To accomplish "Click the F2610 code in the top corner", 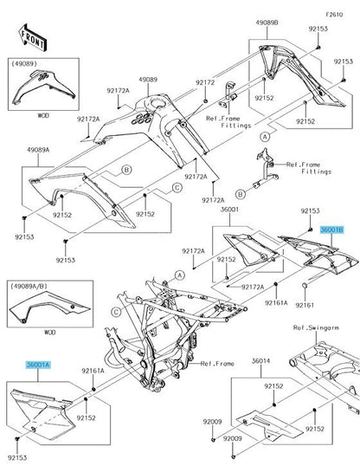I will (x=334, y=15).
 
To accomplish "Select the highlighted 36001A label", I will (x=38, y=366).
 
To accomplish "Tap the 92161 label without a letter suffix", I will (x=307, y=305).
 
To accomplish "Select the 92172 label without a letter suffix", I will (x=204, y=82).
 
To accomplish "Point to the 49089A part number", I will (x=38, y=150).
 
